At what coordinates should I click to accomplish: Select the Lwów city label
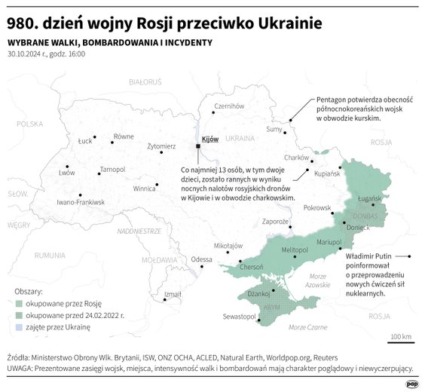[x=66, y=173]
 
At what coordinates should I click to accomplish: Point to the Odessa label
[x=201, y=259]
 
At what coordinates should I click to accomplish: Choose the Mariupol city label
[x=329, y=241]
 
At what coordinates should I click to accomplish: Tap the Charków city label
[x=297, y=158]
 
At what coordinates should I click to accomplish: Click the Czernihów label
[x=230, y=106]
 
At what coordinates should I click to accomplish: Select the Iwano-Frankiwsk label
[x=81, y=202]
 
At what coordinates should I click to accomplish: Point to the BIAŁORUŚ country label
[x=145, y=81]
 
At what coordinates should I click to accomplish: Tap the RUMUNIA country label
[x=50, y=255]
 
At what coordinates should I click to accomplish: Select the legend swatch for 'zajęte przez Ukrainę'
[x=19, y=328]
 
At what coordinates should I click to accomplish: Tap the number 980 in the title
[x=23, y=23]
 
